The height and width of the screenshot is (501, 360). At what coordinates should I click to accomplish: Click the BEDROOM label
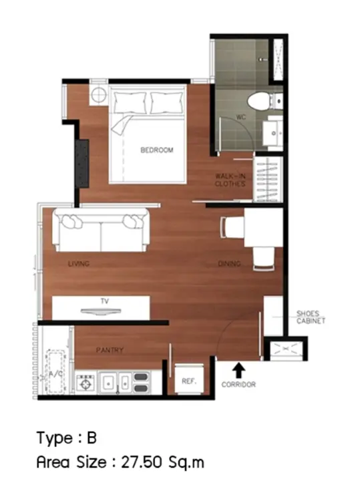coord(157,150)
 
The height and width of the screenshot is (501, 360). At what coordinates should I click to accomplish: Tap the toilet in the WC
coord(264,101)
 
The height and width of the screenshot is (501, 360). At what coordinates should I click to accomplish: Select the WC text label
coord(241,117)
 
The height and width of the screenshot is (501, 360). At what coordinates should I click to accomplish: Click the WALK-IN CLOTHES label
coord(230,180)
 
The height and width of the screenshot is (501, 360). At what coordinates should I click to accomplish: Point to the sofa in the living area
coord(102,230)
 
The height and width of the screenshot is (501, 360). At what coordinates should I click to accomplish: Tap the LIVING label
coord(79,264)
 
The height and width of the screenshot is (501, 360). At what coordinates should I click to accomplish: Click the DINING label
coord(229,264)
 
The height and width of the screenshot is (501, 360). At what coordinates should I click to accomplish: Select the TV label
coord(105,301)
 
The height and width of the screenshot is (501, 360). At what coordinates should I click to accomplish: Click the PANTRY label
coord(110,350)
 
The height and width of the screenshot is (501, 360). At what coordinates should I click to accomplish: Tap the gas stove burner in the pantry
coord(86,383)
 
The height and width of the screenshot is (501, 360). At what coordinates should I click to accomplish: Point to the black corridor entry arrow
coord(238,371)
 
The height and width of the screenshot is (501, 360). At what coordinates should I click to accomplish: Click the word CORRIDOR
coord(238,384)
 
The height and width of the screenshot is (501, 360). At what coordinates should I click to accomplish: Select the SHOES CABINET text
coord(311,317)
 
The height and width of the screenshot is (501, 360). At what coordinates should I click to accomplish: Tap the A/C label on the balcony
coord(55,374)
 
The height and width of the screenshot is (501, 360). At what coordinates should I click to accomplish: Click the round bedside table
coord(98,95)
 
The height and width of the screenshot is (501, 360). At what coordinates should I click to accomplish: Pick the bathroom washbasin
coord(273,133)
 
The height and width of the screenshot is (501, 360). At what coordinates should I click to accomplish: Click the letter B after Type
coord(92,438)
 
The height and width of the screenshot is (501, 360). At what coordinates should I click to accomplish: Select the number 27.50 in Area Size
coord(142,462)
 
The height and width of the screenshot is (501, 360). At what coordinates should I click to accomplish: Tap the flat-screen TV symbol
coord(101,311)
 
